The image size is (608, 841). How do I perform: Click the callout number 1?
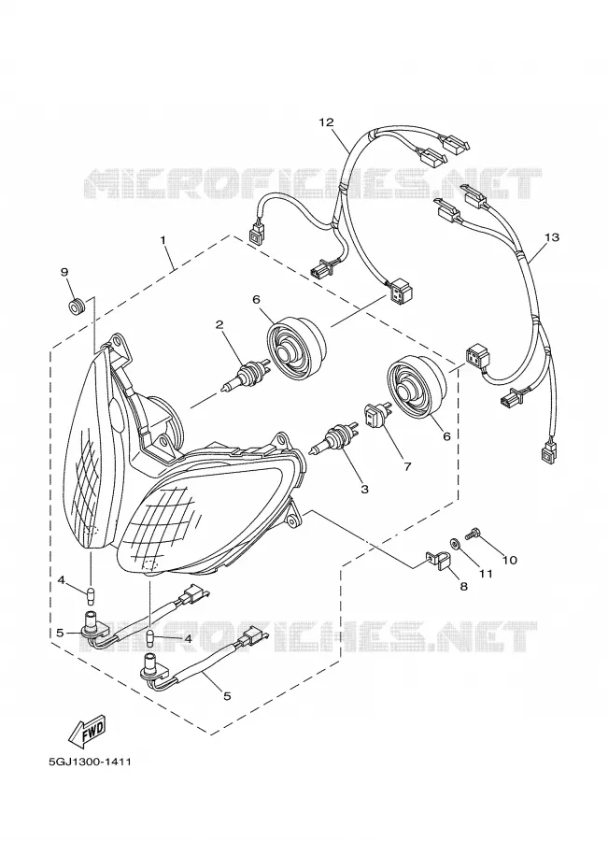[x=163, y=240]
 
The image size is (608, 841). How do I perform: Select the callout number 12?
[x=326, y=122]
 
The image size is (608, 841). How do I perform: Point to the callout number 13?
[x=552, y=236]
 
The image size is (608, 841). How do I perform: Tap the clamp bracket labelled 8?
[x=438, y=561]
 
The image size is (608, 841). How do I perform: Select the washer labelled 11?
[x=455, y=543]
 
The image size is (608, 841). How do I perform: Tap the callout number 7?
[x=407, y=466]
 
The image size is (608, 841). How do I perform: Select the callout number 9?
[x=64, y=272]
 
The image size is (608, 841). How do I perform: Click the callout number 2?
[x=219, y=324]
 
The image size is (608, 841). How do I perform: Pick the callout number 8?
[x=464, y=586]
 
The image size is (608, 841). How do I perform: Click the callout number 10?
[x=509, y=560]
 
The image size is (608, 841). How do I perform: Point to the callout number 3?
[x=364, y=489]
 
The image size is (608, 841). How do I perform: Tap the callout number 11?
[x=486, y=574]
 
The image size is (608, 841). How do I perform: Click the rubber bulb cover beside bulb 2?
[x=296, y=349]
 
